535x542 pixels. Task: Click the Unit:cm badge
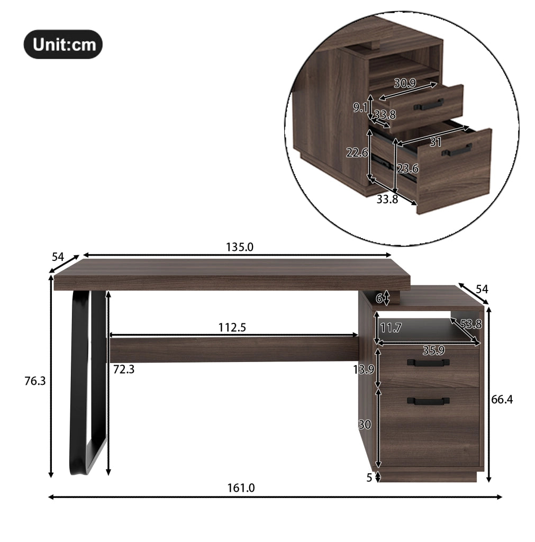coord(63,44)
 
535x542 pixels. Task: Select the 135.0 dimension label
coord(240,247)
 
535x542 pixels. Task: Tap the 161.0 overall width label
coord(241,487)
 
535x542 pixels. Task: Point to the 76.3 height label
coord(35,381)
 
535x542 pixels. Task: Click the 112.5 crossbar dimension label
coord(232,327)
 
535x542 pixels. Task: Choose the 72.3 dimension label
coord(124,369)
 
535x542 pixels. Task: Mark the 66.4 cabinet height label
coord(502,400)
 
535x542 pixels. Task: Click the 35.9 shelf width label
coord(433,350)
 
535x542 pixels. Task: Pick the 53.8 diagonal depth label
coord(471,324)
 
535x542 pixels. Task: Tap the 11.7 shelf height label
coord(391,328)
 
